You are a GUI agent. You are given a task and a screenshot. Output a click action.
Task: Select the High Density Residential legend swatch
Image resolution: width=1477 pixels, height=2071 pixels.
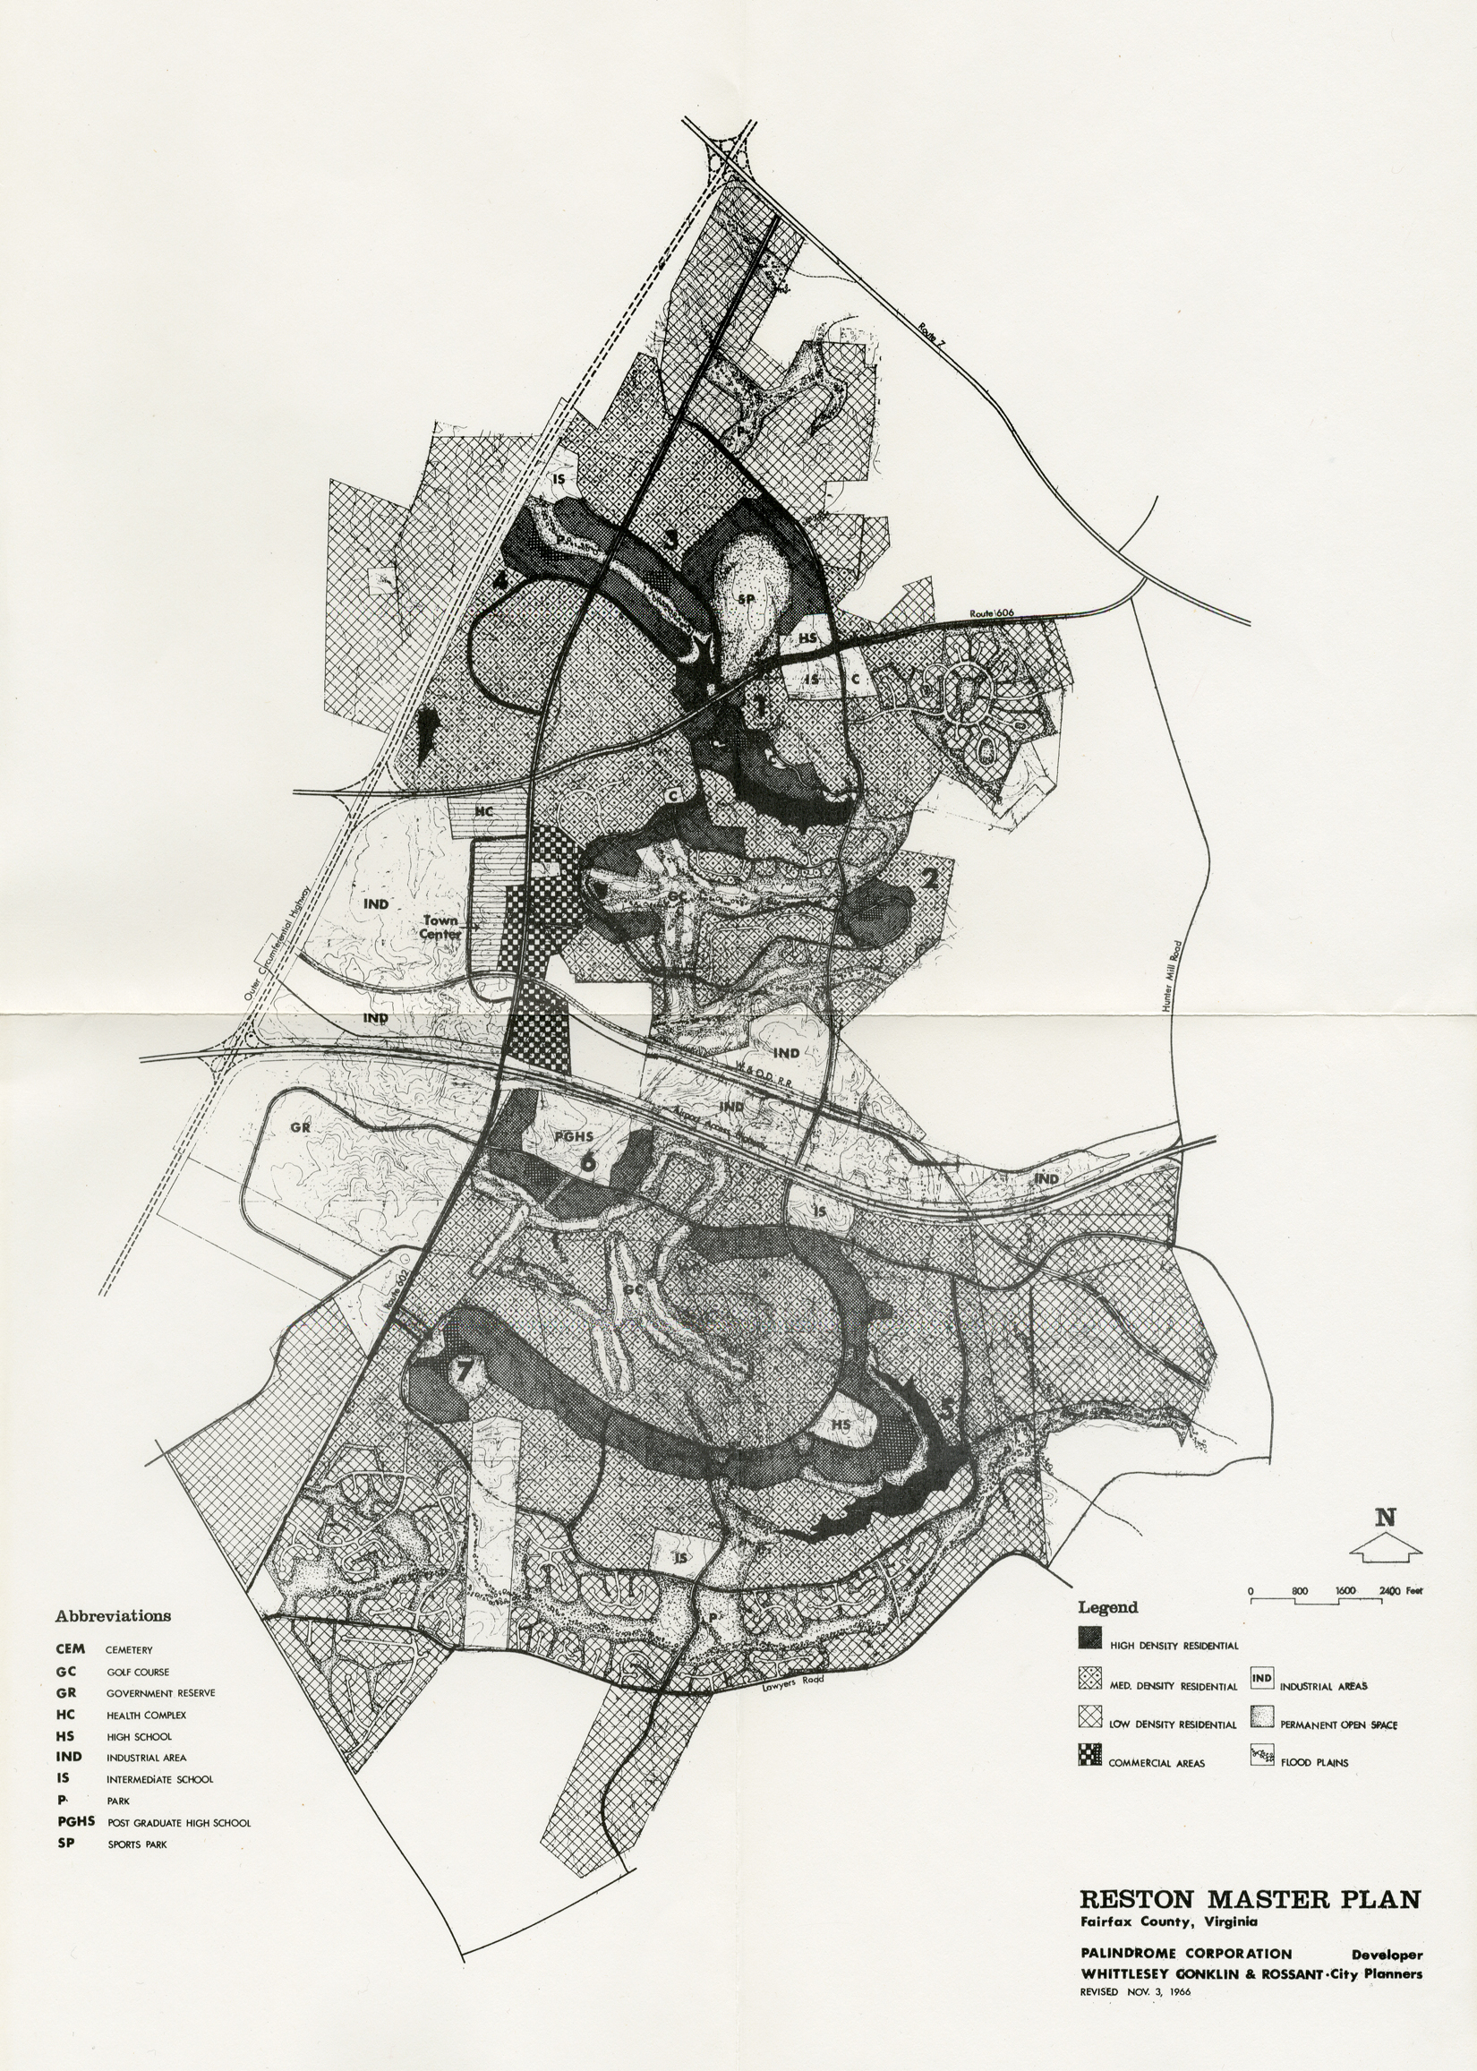point(1089,1637)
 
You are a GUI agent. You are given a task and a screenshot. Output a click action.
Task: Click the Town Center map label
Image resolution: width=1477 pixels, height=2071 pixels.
point(440,927)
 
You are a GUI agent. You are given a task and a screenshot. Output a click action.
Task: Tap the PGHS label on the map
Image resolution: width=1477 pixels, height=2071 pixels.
point(573,1136)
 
